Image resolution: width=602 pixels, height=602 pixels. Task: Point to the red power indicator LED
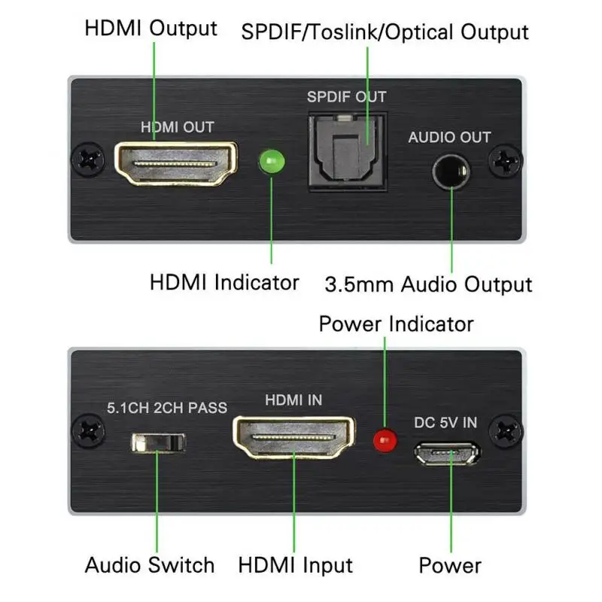tap(386, 439)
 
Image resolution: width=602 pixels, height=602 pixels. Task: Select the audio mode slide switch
tap(157, 442)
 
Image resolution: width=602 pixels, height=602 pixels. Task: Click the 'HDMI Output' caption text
tap(150, 29)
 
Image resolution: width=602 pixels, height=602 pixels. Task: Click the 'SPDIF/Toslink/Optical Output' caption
tap(384, 32)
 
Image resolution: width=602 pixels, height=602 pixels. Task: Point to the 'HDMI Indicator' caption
tap(224, 283)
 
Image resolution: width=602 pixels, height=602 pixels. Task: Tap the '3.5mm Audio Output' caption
tap(428, 284)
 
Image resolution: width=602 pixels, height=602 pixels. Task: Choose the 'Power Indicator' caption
tap(396, 324)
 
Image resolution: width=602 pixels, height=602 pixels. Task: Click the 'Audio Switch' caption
tap(149, 565)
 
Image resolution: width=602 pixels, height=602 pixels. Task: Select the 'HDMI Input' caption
tap(295, 565)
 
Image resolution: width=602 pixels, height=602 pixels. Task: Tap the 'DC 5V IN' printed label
tap(445, 422)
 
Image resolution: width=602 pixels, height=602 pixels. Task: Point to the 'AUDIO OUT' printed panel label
tap(448, 138)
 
